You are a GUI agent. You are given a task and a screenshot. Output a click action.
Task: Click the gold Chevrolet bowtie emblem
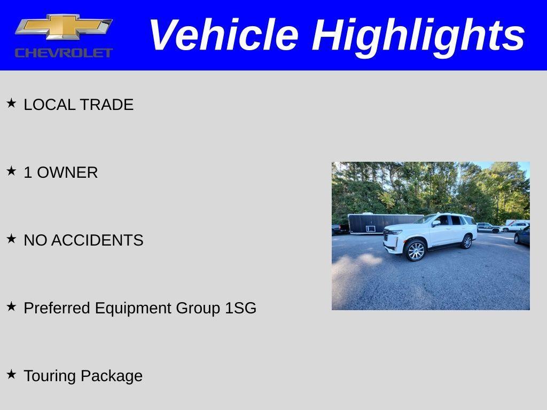(64, 27)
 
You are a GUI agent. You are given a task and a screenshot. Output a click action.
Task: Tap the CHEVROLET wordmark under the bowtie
(64, 52)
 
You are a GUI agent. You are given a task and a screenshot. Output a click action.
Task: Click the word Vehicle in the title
(223, 35)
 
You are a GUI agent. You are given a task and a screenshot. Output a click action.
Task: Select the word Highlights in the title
(418, 35)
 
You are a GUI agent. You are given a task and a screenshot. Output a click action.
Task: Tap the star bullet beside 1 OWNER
(11, 171)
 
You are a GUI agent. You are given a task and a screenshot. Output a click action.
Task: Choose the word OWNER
(67, 173)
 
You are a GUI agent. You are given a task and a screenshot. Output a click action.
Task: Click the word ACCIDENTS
(98, 241)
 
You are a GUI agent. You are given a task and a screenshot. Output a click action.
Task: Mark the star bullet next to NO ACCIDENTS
(11, 239)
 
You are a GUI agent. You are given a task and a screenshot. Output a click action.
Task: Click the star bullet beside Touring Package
(11, 375)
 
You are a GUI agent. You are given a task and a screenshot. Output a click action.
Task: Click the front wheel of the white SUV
(416, 250)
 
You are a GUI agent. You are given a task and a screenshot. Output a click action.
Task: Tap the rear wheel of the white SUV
(467, 242)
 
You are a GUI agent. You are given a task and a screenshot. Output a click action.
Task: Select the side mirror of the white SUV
(436, 224)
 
